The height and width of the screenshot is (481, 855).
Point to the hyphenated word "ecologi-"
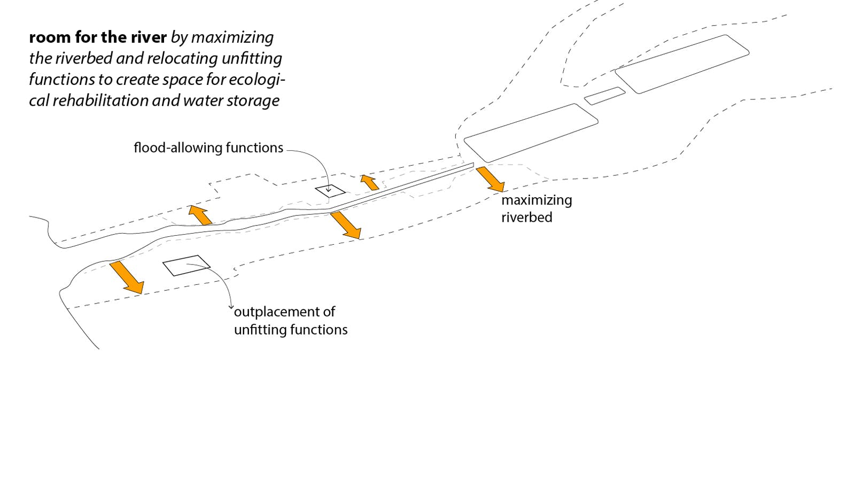[x=257, y=80]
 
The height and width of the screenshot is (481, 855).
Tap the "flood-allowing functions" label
[x=208, y=148]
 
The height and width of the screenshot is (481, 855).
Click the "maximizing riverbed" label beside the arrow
[x=536, y=208]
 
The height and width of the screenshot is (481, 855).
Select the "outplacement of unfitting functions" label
[x=290, y=321]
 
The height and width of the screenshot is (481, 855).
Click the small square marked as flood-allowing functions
[x=330, y=191]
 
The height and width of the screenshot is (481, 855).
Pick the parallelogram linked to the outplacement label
[x=186, y=266]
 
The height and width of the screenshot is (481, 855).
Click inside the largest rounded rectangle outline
[x=682, y=64]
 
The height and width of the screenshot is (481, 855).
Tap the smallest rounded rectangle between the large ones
[x=604, y=96]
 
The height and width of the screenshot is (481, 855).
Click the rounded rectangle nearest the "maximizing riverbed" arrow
[x=530, y=133]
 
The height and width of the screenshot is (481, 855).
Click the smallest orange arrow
[x=369, y=182]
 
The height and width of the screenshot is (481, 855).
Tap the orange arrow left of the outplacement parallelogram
[x=126, y=277]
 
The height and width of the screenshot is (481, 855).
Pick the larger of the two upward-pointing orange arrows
[x=200, y=214]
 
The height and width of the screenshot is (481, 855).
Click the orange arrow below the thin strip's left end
[x=345, y=224]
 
